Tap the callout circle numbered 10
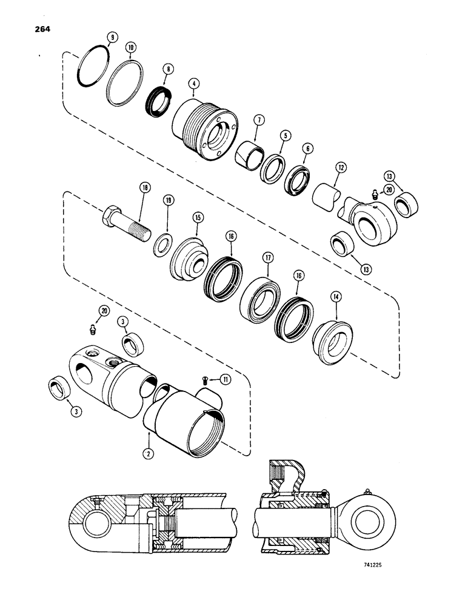click(130, 47)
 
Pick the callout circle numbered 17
click(267, 258)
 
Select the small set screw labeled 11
click(206, 380)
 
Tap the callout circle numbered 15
click(198, 218)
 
